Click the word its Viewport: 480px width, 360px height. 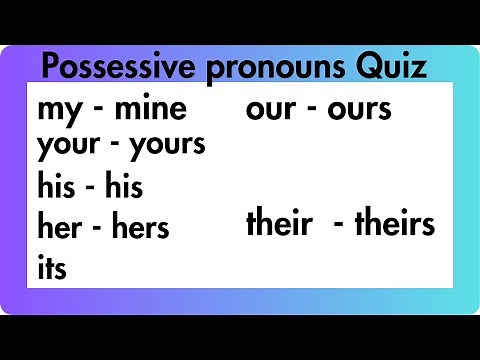pyautogui.click(x=52, y=267)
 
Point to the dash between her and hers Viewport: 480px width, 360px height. pyautogui.click(x=98, y=227)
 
